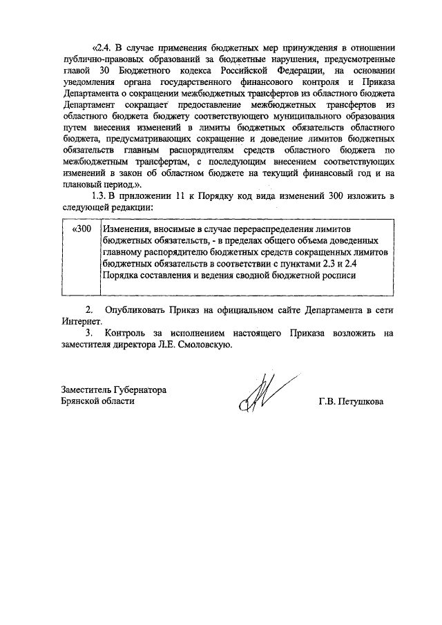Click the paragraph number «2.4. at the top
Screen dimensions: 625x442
pyautogui.click(x=102, y=48)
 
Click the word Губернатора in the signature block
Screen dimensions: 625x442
pyautogui.click(x=137, y=390)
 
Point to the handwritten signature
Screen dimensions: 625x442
pyautogui.click(x=260, y=393)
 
